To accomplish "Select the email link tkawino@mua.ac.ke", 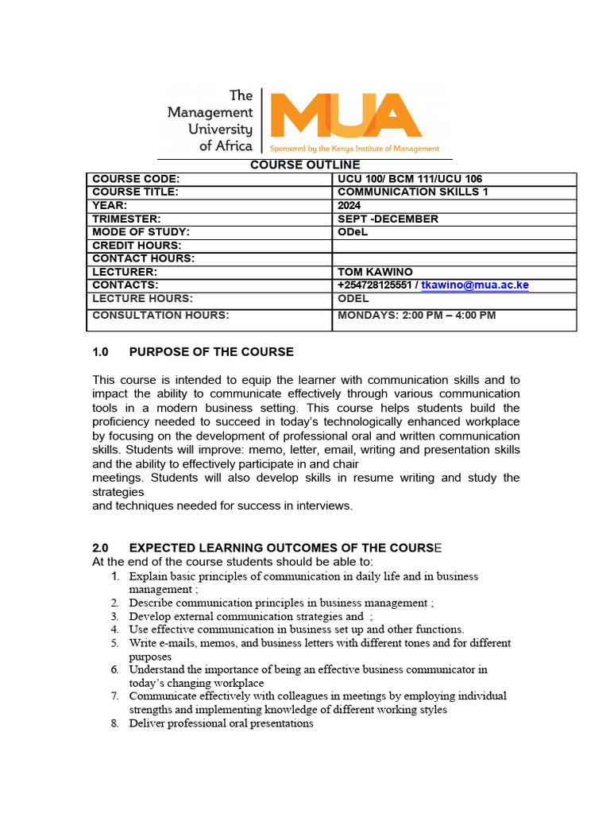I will pos(475,285).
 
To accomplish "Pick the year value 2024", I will pos(350,205).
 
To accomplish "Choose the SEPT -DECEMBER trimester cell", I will pos(388,219).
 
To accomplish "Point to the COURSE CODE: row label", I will pos(136,179).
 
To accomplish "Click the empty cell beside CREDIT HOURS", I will pos(454,246).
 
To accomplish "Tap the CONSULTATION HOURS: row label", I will pos(160,315).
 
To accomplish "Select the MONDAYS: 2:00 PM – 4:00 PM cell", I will pos(416,315).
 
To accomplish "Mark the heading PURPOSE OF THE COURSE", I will pos(211,351).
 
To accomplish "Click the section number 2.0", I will pos(100,548).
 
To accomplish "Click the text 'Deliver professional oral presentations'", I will pos(221,723).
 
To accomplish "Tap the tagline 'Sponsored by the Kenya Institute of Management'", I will pos(354,149).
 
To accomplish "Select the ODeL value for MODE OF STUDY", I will pos(354,232).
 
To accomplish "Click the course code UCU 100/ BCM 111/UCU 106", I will pos(409,179).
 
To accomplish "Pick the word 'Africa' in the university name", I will pos(234,145).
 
